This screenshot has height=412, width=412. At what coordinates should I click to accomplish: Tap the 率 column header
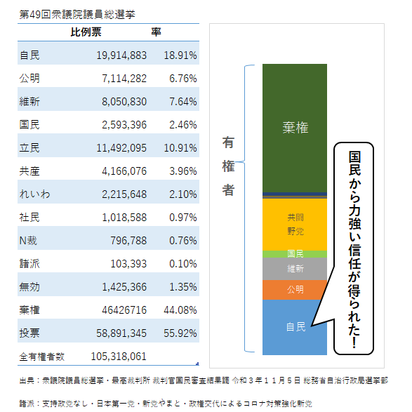tap(157, 32)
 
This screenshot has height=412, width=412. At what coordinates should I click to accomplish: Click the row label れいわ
tap(36, 194)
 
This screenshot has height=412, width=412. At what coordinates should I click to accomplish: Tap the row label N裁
tap(30, 240)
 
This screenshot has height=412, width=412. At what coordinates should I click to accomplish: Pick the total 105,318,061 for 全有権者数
tap(119, 357)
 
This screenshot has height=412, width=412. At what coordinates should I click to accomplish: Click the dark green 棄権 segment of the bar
tap(295, 127)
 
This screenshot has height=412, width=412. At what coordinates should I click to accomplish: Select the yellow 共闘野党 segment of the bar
tap(295, 223)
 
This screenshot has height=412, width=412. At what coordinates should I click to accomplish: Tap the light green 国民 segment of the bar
tap(295, 253)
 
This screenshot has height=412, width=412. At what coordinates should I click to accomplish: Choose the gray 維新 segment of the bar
tap(295, 269)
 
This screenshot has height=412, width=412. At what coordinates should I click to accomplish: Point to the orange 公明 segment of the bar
tap(295, 290)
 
